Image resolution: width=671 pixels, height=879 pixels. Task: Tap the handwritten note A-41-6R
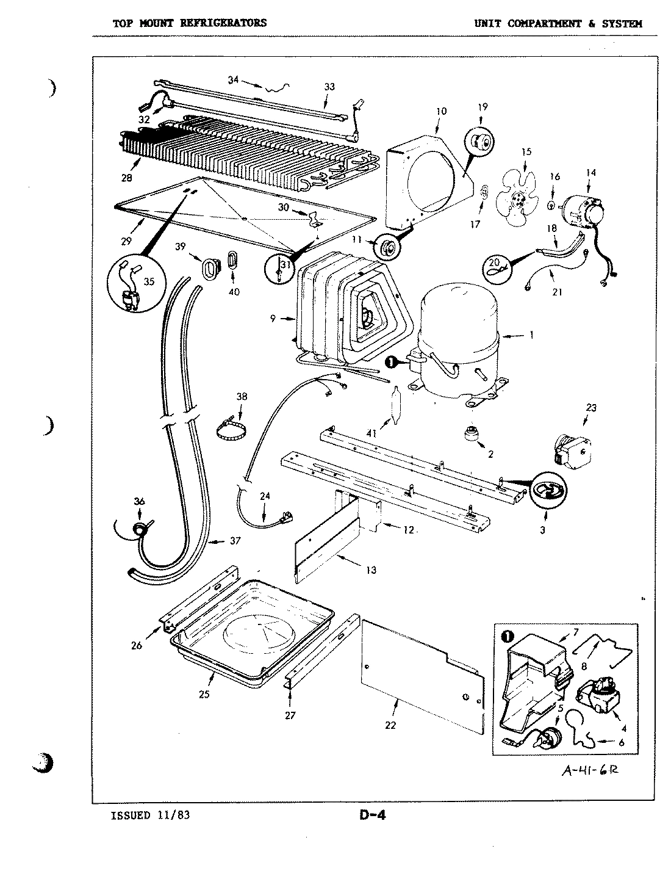click(x=589, y=770)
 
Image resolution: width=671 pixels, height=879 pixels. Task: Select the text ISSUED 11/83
click(x=146, y=814)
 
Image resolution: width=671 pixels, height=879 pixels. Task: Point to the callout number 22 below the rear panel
click(x=390, y=725)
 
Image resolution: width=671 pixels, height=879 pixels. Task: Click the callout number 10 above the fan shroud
click(x=442, y=111)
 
